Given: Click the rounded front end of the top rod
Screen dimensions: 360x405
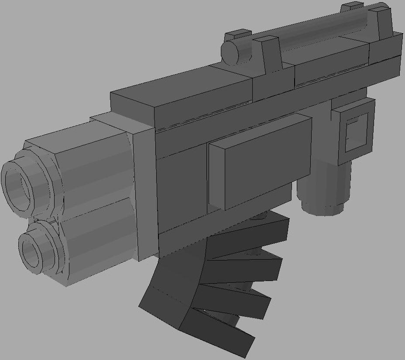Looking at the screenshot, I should pyautogui.click(x=231, y=52).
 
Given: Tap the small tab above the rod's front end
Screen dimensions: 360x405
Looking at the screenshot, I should pyautogui.click(x=238, y=34).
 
